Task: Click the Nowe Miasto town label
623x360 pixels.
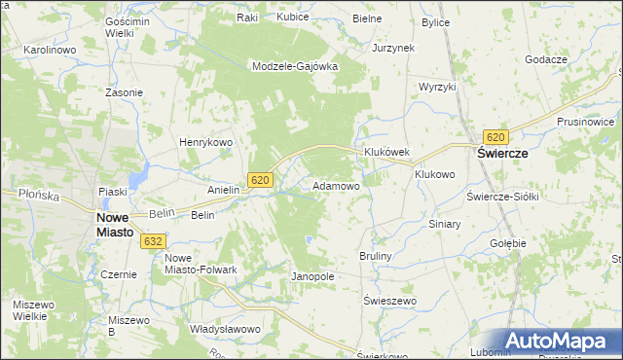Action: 122,226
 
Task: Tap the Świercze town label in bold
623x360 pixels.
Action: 500,154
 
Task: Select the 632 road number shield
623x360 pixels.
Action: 153,240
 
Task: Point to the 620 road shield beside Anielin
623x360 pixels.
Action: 259,180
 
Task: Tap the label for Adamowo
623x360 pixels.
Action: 336,185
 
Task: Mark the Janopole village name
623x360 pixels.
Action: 312,276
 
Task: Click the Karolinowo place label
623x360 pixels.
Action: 50,49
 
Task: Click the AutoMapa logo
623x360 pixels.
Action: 559,341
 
